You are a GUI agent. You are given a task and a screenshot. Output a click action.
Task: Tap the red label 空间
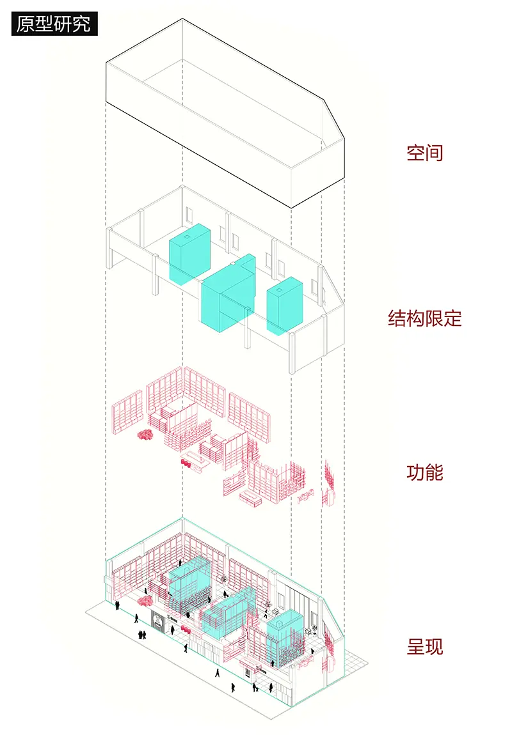click(x=424, y=153)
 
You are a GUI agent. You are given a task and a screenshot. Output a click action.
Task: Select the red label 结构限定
click(x=424, y=318)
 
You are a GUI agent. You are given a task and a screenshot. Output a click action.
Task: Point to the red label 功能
click(x=424, y=473)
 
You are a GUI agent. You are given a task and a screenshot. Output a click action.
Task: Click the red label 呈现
click(x=424, y=647)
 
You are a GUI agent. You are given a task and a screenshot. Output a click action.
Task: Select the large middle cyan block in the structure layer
click(x=227, y=297)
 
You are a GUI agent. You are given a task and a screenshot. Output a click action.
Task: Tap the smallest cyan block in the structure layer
click(x=284, y=306)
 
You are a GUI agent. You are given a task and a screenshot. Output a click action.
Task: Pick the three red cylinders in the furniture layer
click(x=189, y=462)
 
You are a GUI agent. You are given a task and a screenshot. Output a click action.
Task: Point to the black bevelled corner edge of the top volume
click(x=332, y=118)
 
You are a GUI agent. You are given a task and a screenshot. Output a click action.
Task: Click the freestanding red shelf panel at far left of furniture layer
click(x=127, y=415)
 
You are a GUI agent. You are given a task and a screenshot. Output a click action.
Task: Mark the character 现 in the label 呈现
click(x=434, y=647)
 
